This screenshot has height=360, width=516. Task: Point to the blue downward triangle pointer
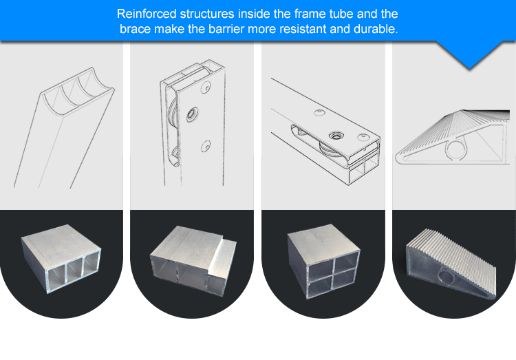[x=470, y=54]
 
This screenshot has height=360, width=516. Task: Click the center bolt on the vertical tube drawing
[x=192, y=115]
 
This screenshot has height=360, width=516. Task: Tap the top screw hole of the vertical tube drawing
[x=206, y=87]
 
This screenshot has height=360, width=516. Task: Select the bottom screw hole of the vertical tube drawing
[x=206, y=146]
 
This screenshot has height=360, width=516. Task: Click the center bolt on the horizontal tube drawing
[x=336, y=135]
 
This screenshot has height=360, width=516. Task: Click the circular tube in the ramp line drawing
[x=456, y=149]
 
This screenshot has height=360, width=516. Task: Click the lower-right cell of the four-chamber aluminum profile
[x=345, y=277]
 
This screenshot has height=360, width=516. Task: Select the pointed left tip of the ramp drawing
[x=397, y=158]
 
